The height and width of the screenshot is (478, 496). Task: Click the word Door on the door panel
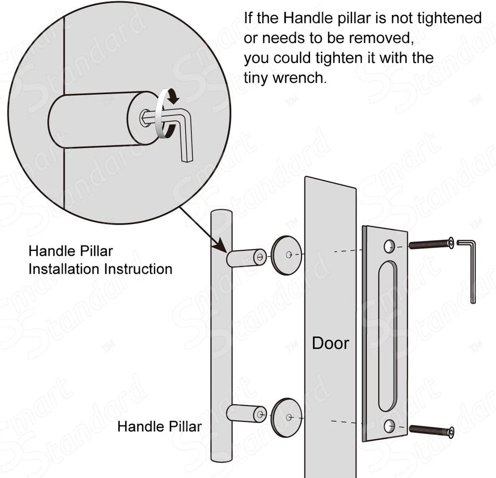(330, 343)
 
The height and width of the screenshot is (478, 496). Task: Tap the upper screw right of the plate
(432, 244)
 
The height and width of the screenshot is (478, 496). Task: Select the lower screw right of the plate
(432, 430)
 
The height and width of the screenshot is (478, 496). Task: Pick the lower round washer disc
(286, 418)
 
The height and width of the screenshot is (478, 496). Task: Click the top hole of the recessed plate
(389, 246)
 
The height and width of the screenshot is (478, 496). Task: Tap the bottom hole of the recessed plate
(389, 426)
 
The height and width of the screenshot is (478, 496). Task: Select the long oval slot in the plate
(387, 336)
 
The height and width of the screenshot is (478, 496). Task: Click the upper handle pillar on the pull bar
(247, 257)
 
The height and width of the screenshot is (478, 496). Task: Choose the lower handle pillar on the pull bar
(247, 414)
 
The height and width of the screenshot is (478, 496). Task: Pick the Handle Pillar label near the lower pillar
(159, 426)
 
